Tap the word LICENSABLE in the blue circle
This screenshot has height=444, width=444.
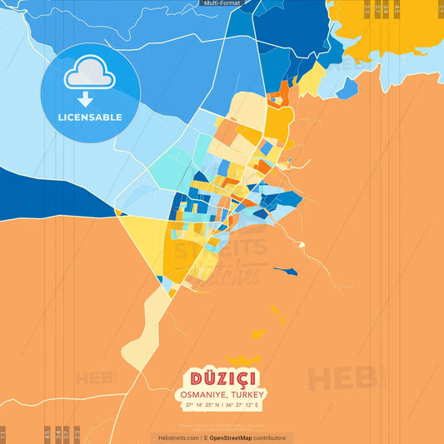click(90, 117)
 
